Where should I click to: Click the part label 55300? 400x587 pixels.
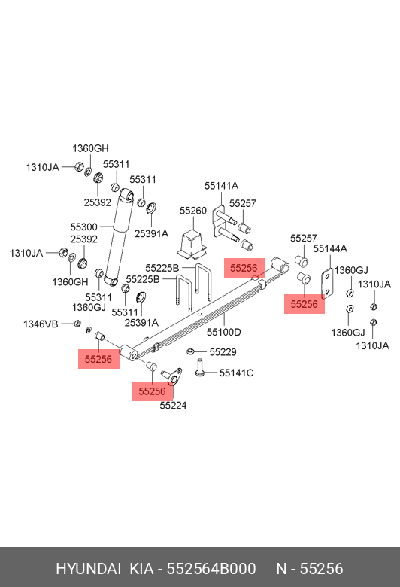83,227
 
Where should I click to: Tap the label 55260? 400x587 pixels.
193,211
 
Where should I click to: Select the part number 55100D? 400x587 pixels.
224,332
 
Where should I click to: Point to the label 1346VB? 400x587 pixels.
41,324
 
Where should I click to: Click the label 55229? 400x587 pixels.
223,352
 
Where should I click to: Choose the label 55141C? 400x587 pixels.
236,373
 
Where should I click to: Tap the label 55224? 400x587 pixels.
173,406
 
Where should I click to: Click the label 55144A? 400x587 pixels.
330,248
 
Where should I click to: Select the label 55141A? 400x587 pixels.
221,186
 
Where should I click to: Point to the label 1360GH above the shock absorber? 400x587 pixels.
90,148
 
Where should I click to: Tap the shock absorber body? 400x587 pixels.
119,236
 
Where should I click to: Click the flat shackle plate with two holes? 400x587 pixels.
327,284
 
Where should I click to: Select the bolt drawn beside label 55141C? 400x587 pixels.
200,367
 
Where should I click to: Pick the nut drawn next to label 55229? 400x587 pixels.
189,351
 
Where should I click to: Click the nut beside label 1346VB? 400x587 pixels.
77,323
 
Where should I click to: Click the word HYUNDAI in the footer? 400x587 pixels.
88,569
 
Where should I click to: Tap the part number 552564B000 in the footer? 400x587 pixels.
211,569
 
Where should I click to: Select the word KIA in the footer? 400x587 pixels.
141,569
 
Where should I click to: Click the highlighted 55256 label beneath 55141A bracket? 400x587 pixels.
244,268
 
